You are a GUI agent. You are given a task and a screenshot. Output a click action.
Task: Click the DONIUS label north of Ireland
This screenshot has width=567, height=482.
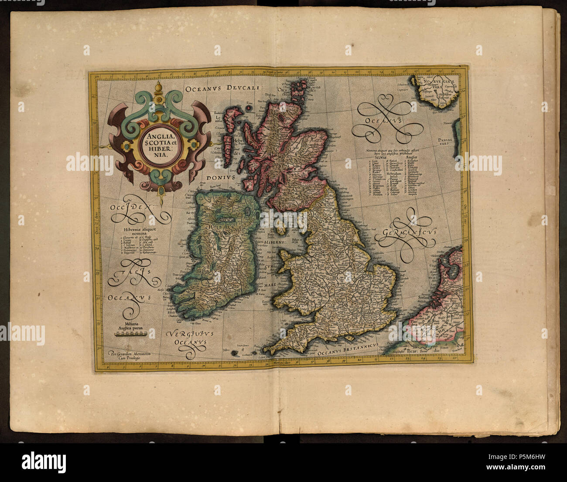click(x=221, y=178)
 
